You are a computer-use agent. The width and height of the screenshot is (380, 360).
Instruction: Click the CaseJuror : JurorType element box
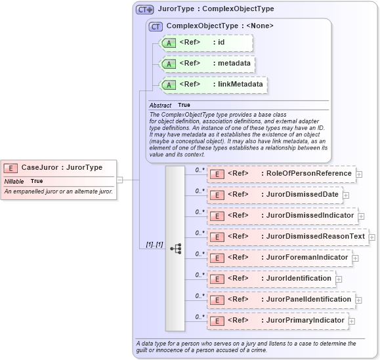click(59, 168)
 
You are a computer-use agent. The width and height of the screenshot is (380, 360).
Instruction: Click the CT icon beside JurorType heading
click(145, 9)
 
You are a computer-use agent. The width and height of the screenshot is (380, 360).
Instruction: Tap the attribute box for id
click(203, 43)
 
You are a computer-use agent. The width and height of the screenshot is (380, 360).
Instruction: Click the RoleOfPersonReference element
click(281, 174)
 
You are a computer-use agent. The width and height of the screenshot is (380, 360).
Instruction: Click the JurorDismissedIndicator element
click(282, 216)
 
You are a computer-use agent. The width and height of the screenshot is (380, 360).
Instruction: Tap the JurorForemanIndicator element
click(279, 258)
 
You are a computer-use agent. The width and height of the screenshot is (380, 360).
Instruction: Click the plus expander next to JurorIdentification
click(339, 279)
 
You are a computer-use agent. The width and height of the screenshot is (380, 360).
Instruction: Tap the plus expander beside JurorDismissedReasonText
click(372, 237)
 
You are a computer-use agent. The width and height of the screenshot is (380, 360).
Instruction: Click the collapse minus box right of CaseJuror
click(119, 179)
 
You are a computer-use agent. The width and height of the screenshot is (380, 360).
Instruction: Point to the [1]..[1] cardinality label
click(155, 244)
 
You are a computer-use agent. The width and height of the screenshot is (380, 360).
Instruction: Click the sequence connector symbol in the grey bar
click(175, 249)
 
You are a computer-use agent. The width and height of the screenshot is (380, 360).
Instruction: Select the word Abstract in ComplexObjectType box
click(160, 105)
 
